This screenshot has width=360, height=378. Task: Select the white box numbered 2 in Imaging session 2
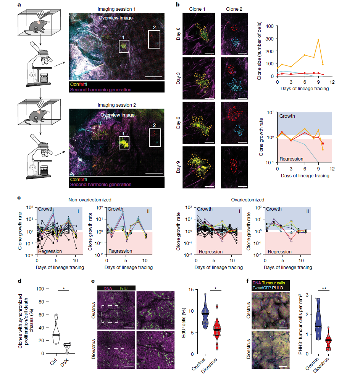pyautogui.click(x=155, y=138)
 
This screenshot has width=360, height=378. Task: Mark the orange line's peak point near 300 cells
pyautogui.click(x=318, y=40)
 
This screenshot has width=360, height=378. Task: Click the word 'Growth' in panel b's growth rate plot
pyautogui.click(x=287, y=115)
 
